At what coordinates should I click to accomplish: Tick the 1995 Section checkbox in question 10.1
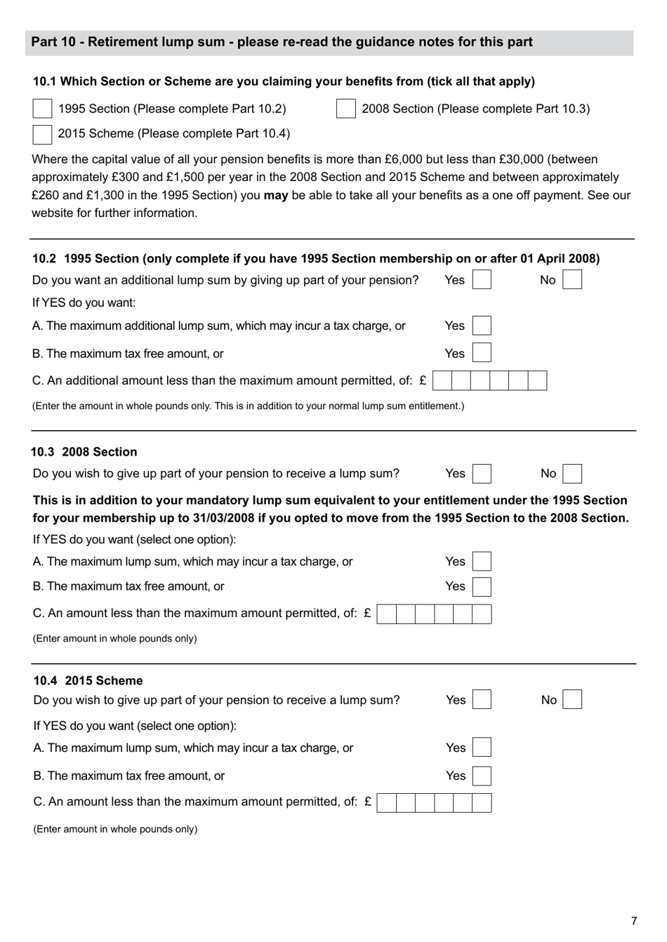42,108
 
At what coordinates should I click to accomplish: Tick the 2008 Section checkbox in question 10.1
345,108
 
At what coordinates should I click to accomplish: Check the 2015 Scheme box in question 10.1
42,133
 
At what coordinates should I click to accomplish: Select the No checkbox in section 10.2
572,280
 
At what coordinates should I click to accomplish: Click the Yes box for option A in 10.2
482,326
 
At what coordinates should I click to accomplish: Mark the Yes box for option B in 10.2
482,353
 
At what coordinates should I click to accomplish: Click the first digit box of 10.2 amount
443,380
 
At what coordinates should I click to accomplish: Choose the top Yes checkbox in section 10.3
482,474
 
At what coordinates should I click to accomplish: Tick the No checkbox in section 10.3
572,474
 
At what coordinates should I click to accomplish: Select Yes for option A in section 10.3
482,562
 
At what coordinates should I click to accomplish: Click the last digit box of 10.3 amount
482,614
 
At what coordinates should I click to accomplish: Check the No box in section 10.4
572,700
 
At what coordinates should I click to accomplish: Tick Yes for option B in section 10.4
482,776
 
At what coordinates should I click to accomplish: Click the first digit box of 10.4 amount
387,802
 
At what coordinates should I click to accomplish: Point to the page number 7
634,921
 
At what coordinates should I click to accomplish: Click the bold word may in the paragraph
276,195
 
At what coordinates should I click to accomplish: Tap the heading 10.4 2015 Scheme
88,680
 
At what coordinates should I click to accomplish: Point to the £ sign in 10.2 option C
423,380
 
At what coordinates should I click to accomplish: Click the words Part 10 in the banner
53,42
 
